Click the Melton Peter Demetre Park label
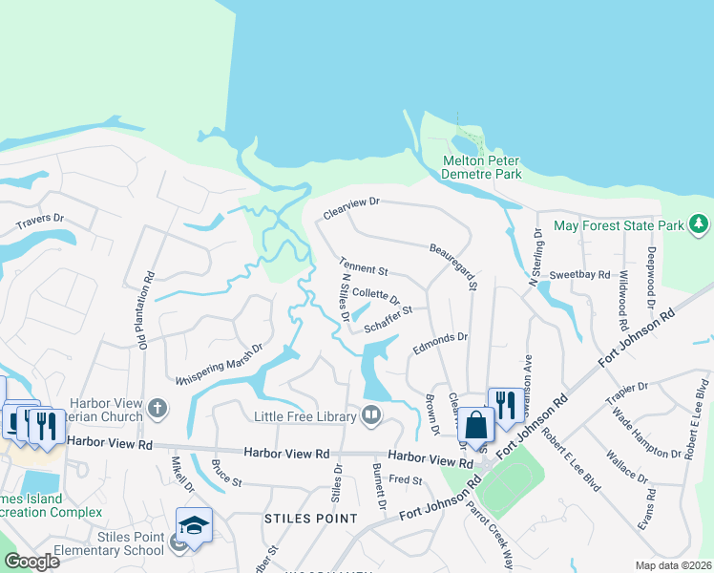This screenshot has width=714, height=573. click(481, 168)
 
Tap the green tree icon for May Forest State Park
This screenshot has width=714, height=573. click(700, 224)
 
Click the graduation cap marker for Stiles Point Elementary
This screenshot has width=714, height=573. click(194, 525)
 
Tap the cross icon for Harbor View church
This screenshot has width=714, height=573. click(158, 410)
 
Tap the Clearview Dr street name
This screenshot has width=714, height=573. click(351, 208)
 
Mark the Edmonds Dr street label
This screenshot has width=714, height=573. click(440, 342)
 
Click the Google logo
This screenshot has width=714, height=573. click(31, 561)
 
